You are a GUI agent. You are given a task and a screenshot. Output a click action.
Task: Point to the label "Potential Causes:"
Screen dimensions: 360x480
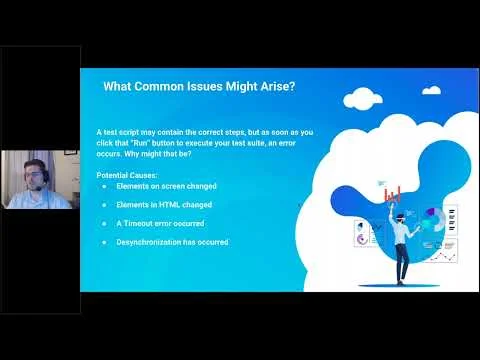[x=124, y=175]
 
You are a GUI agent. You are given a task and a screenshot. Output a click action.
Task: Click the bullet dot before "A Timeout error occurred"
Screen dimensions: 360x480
[x=106, y=224]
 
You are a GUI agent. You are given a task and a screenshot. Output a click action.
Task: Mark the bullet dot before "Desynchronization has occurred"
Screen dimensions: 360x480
[x=106, y=242]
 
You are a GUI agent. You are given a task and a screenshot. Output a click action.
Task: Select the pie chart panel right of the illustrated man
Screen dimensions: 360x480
[x=432, y=218]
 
